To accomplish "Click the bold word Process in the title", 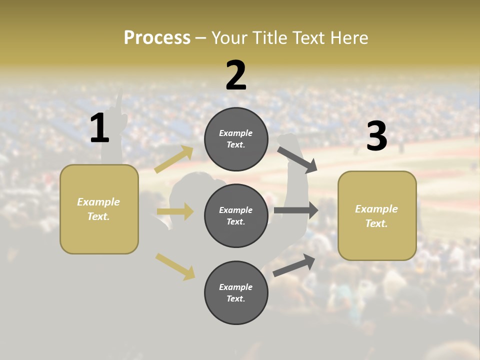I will pyautogui.click(x=157, y=38).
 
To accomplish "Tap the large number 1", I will pyautogui.click(x=99, y=128).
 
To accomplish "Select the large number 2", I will pyautogui.click(x=236, y=75).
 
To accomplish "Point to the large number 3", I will pyautogui.click(x=376, y=136).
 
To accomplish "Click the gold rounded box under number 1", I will pyautogui.click(x=99, y=209).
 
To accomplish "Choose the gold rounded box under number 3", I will pyautogui.click(x=377, y=216).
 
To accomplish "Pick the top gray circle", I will pyautogui.click(x=236, y=139).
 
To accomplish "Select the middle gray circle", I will pyautogui.click(x=236, y=216).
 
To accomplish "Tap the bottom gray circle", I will pyautogui.click(x=236, y=293).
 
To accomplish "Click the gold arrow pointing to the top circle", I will pyautogui.click(x=174, y=159).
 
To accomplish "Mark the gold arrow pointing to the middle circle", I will pyautogui.click(x=175, y=211).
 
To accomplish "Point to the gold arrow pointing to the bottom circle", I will pyautogui.click(x=175, y=266).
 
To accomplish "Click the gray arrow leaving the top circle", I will pyautogui.click(x=297, y=159).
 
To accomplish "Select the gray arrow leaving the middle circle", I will pyautogui.click(x=296, y=210).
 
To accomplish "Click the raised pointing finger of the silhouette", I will pyautogui.click(x=119, y=100).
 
